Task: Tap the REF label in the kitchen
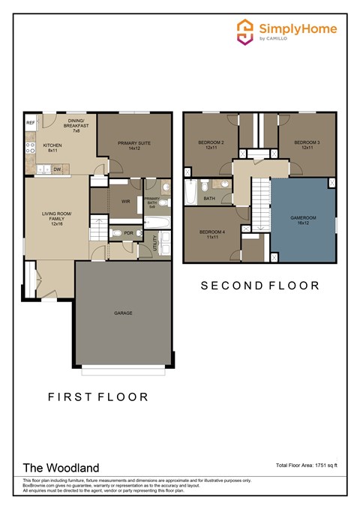[x=31, y=121]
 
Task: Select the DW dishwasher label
[x=57, y=169]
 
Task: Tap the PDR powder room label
[x=128, y=233]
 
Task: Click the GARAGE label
[x=124, y=313]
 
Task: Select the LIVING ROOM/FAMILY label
[x=55, y=219]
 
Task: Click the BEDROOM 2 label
[x=208, y=145]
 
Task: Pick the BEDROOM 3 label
[x=306, y=145]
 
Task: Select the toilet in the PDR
[x=114, y=233]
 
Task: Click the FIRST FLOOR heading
[x=97, y=397]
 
